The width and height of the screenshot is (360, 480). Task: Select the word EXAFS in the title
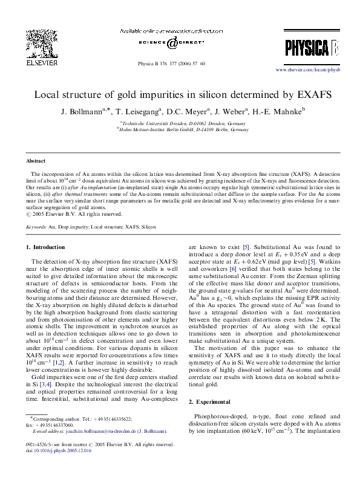click(x=300, y=95)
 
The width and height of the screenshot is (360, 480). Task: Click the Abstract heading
click(x=35, y=161)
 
